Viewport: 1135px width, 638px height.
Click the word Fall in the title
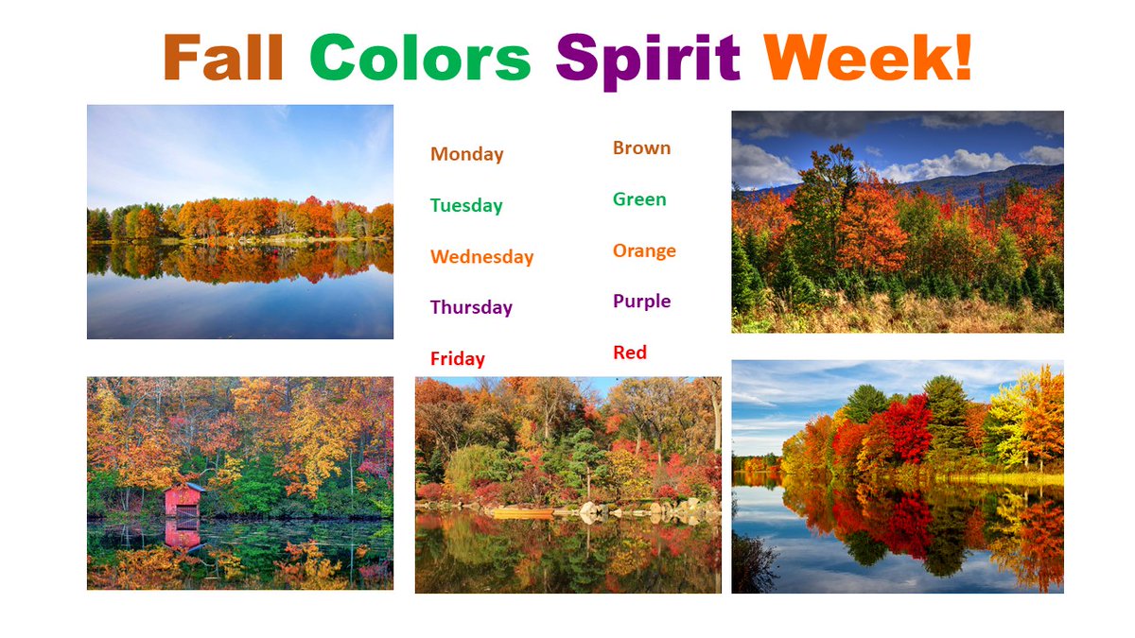pos(224,58)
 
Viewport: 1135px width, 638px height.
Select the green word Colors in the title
pos(420,58)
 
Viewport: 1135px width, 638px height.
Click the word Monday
pos(466,154)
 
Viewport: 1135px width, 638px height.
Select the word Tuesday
pos(465,206)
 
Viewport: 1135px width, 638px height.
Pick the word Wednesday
pos(481,257)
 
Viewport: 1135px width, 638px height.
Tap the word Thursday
pos(471,307)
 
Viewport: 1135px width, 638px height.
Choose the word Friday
pos(457,358)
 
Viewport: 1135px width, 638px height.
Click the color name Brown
pos(641,148)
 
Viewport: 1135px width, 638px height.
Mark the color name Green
pos(639,199)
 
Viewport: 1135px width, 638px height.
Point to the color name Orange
pos(644,250)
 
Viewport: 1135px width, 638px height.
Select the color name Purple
pos(641,302)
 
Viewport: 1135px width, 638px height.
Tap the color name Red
pos(630,353)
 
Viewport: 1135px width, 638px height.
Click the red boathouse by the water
pos(183,499)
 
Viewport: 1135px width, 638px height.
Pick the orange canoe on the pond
pos(521,513)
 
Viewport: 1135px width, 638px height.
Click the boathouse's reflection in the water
pos(183,534)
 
